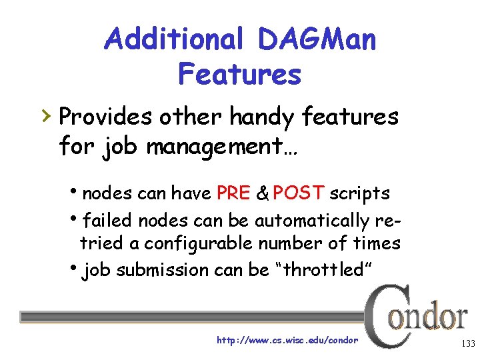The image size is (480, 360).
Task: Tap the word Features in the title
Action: pyautogui.click(x=239, y=74)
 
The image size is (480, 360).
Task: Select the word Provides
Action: pyautogui.click(x=106, y=118)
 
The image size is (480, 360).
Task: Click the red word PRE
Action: pyautogui.click(x=233, y=193)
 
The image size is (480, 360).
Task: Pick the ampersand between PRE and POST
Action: pyautogui.click(x=263, y=194)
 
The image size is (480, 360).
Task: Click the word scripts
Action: pyautogui.click(x=360, y=193)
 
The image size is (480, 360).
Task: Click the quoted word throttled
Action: pyautogui.click(x=317, y=269)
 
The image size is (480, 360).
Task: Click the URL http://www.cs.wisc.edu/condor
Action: pyautogui.click(x=287, y=340)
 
